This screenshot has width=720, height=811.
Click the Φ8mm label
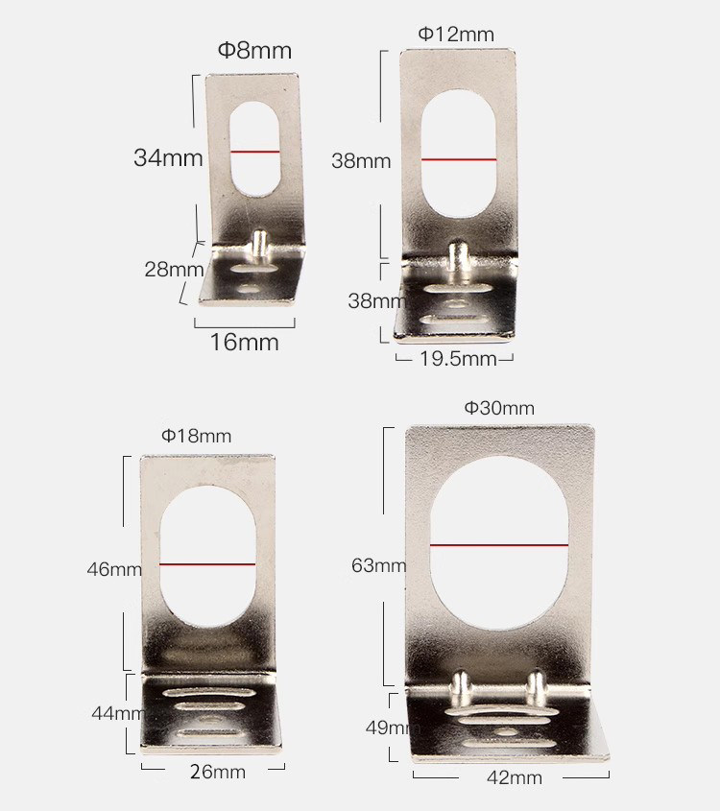pos(254,50)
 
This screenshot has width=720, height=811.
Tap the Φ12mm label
pos(456,35)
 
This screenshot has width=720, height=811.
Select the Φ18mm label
pos(196,436)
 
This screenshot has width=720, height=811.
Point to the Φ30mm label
pos(499,408)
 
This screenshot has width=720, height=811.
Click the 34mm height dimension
pos(168,157)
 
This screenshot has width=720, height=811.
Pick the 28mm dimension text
pos(174,269)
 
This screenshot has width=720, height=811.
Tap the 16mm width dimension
pos(244,342)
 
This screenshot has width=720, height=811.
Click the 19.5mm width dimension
pos(458,358)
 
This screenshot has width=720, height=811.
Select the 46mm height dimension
pos(114,569)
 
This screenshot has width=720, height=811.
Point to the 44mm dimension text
pos(118,713)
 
